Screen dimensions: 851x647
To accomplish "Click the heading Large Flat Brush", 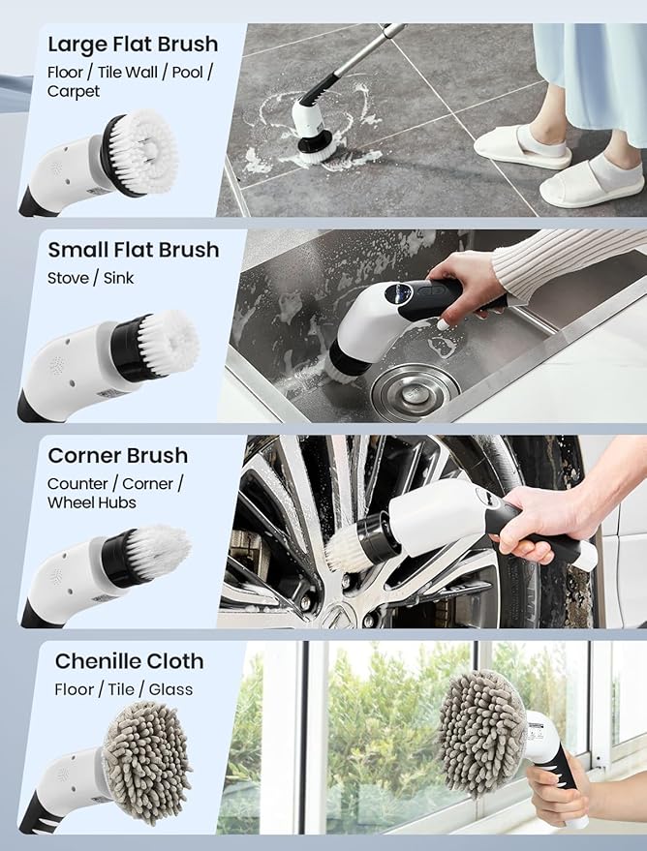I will (133, 45).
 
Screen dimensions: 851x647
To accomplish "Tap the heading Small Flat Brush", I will (133, 250).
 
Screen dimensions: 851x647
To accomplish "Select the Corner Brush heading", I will (117, 455).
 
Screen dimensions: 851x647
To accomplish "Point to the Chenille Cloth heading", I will (129, 661).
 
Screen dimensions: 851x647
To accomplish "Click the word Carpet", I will (74, 92).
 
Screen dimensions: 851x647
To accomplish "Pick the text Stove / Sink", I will (91, 278).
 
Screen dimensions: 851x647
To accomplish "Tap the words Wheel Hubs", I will (92, 502).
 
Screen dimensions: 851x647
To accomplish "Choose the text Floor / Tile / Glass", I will (123, 689).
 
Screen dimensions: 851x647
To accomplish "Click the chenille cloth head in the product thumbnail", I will (145, 775).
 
